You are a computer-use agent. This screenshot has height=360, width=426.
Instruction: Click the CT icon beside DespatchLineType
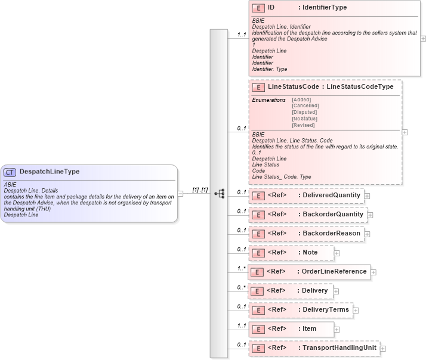[x=11, y=172]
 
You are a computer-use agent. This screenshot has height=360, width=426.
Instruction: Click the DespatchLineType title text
[x=50, y=172]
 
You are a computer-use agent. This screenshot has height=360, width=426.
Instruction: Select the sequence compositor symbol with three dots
[x=219, y=193]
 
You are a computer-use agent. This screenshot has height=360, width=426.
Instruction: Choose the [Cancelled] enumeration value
[x=305, y=105]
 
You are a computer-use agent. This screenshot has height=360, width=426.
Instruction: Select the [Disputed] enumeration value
[x=304, y=112]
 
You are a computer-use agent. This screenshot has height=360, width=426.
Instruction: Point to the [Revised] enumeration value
[x=303, y=125]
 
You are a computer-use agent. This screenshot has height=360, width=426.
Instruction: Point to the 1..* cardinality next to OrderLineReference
[x=241, y=268]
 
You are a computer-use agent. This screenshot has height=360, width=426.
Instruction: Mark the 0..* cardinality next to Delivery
[x=241, y=287]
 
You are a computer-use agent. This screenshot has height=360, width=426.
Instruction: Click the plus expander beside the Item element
[x=337, y=329]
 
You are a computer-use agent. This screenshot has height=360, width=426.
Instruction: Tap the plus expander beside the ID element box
[x=423, y=38]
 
